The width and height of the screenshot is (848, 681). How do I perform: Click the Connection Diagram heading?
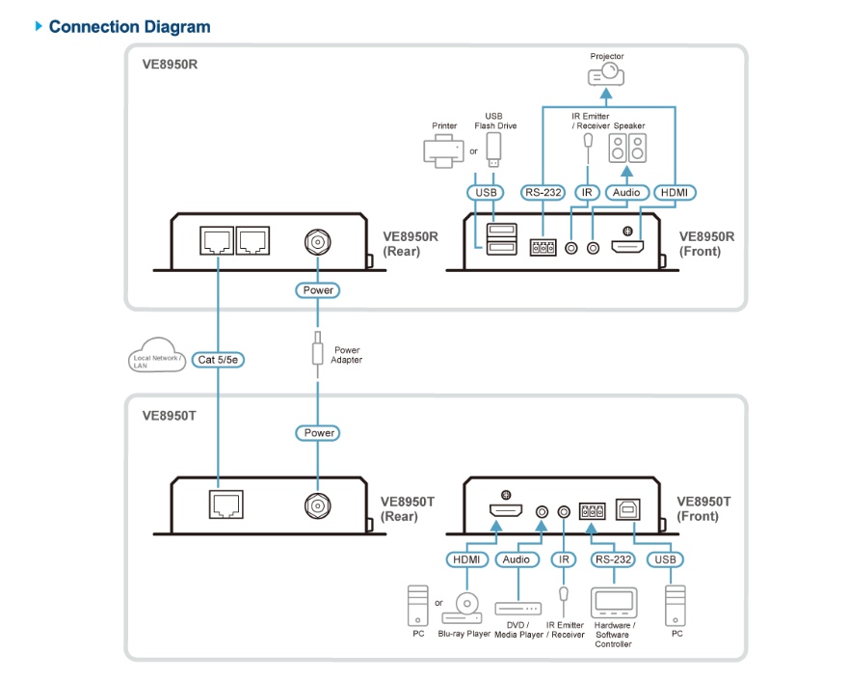(129, 27)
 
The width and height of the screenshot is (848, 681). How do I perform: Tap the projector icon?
(607, 72)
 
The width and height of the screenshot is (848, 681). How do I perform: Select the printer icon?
(442, 150)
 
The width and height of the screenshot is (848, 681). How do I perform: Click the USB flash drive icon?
(493, 149)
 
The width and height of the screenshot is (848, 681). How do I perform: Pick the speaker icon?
(627, 149)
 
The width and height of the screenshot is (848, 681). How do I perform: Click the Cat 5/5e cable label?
(219, 360)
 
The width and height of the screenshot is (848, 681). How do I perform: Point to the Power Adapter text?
(347, 355)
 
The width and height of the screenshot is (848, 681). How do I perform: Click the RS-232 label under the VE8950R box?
(542, 193)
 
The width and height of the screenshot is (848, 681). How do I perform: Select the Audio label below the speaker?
(627, 193)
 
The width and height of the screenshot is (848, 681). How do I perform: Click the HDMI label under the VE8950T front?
(468, 559)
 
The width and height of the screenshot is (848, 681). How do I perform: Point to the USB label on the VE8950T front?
(666, 559)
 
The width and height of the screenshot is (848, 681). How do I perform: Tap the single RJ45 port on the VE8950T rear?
(226, 504)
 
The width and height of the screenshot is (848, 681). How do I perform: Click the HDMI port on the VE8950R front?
(630, 248)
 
